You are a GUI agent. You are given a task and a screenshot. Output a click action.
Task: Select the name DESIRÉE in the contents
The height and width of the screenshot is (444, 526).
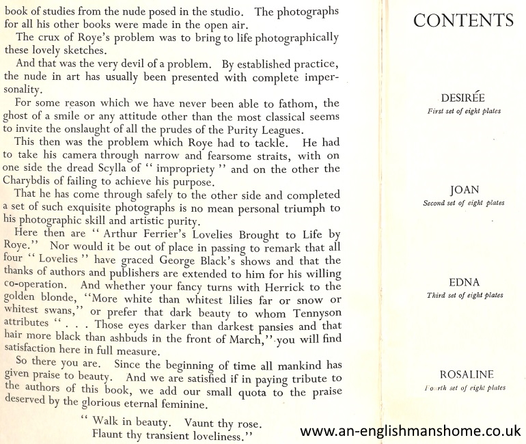coord(463,98)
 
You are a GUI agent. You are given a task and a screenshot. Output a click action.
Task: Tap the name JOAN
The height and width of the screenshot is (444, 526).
coord(463,191)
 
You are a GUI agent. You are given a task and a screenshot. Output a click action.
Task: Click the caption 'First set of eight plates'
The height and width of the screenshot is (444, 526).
coord(463,111)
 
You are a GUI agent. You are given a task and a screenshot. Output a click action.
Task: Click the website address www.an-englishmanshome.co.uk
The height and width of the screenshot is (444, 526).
coord(411,431)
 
